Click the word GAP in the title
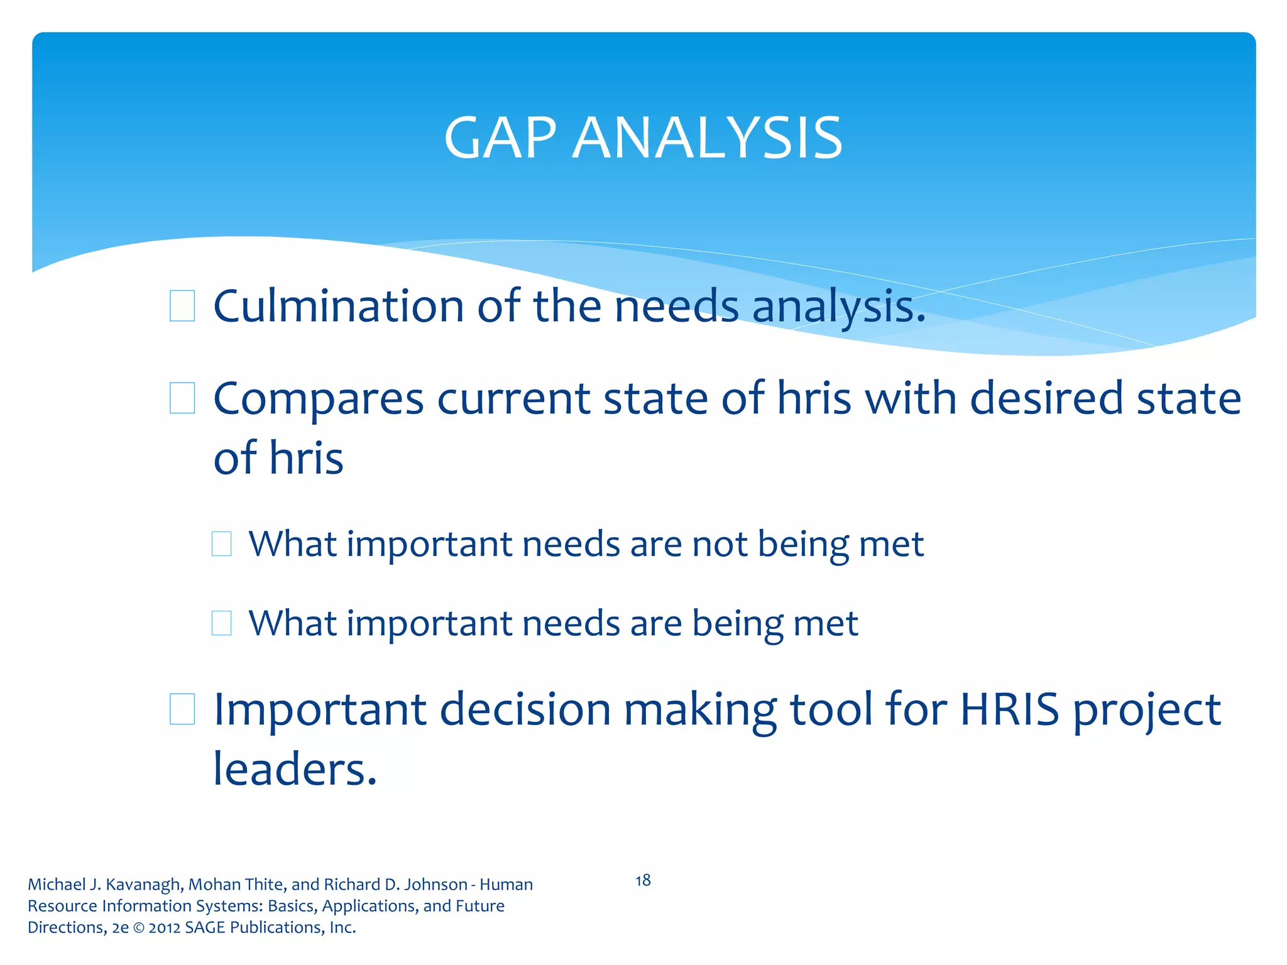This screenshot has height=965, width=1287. pos(500,138)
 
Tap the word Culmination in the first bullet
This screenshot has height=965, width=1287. pos(339,306)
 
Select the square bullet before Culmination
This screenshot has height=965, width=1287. pos(182,306)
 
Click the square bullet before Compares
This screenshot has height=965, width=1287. pos(182,398)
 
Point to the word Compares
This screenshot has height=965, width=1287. pos(319,400)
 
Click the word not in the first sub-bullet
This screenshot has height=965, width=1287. pos(720,544)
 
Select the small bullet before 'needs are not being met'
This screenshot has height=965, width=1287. pos(221,544)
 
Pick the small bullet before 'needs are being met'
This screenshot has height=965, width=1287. pos(221,623)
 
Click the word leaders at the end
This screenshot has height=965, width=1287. pos(292,769)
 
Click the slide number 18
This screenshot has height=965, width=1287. pos(643,880)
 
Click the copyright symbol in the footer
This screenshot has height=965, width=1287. pos(138,927)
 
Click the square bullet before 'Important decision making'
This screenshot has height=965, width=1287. pos(182,709)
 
